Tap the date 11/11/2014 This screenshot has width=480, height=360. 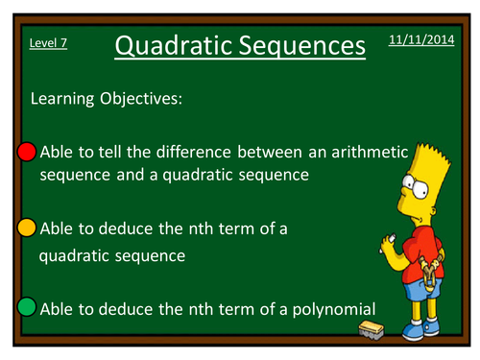tap(421, 39)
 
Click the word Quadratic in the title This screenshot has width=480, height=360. tap(174, 45)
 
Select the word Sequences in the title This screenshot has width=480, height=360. tap(302, 45)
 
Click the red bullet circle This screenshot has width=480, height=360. tap(27, 153)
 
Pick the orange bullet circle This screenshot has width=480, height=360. tap(27, 228)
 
